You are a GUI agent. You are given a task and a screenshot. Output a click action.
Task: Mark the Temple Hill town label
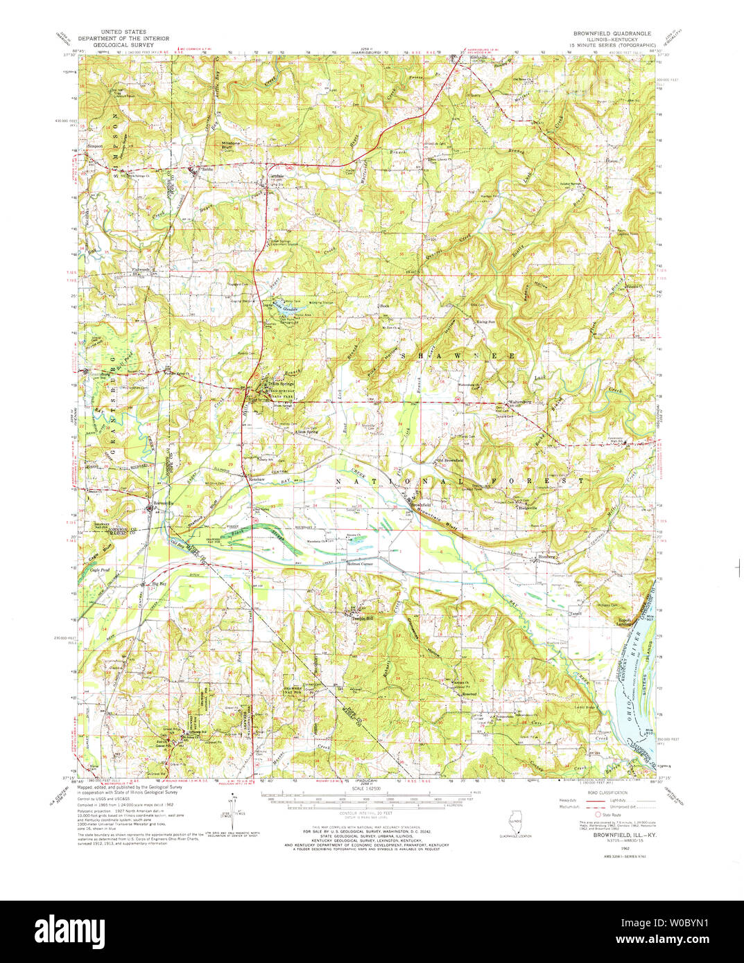360,617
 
